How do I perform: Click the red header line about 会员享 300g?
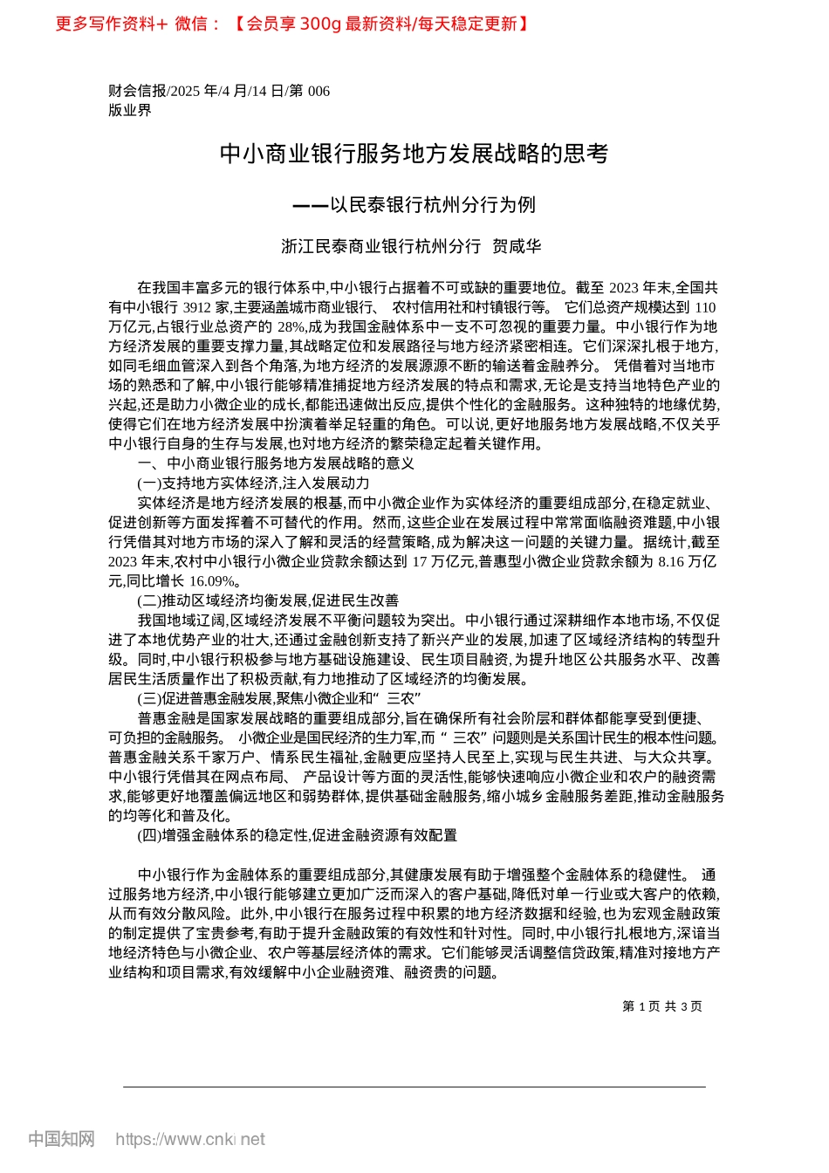pyautogui.click(x=293, y=24)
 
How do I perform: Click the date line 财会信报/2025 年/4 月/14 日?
pyautogui.click(x=218, y=91)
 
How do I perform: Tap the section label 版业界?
pyautogui.click(x=129, y=110)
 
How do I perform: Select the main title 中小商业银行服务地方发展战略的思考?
pyautogui.click(x=414, y=154)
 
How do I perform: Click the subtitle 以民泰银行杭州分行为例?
pyautogui.click(x=433, y=205)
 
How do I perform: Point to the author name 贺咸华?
pyautogui.click(x=517, y=246)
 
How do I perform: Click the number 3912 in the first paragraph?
pyautogui.click(x=197, y=307)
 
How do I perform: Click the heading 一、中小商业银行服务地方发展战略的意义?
pyautogui.click(x=276, y=463)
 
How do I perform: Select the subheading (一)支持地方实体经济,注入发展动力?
pyautogui.click(x=253, y=483)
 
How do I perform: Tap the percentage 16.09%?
pyautogui.click(x=213, y=581)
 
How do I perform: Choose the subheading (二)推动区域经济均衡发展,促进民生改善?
pyautogui.click(x=268, y=600)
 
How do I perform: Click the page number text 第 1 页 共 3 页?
pyautogui.click(x=661, y=1006)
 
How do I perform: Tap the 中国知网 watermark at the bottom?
pyautogui.click(x=61, y=1139)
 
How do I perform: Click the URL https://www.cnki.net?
pyautogui.click(x=189, y=1139)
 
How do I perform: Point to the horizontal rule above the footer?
pyautogui.click(x=414, y=1087)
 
